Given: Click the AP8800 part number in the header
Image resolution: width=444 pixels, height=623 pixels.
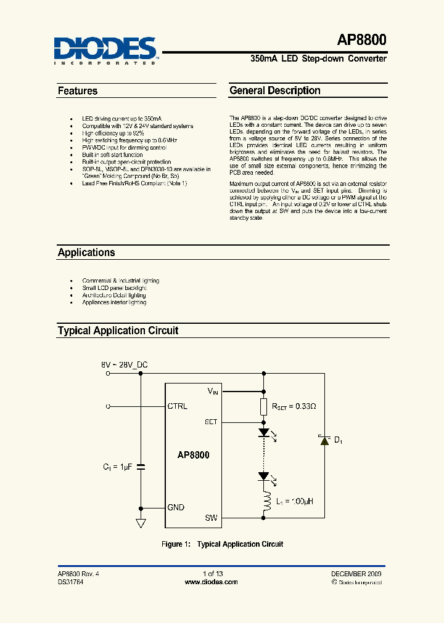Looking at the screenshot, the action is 361,41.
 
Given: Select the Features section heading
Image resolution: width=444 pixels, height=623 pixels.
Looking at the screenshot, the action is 78,91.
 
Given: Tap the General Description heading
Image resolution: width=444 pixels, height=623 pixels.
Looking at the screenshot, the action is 275,90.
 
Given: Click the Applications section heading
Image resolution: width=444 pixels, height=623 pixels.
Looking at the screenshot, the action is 86,252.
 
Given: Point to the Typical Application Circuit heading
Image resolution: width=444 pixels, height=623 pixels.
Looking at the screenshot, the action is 118,331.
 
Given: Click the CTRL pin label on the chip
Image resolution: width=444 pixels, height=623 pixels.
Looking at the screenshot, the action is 178,406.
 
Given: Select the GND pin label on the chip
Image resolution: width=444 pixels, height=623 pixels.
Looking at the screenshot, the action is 176,507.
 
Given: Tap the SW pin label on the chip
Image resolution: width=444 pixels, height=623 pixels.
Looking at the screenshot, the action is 211,518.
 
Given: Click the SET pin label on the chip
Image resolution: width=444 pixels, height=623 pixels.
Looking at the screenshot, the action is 211,422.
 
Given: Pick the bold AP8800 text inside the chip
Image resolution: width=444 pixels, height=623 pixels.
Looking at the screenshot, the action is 194,456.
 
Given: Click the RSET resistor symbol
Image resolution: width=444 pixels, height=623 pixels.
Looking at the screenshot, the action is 264,407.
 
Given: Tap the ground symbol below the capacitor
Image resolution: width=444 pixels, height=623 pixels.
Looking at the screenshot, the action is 140,523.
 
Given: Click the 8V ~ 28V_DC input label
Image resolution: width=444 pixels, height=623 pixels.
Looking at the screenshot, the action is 125,364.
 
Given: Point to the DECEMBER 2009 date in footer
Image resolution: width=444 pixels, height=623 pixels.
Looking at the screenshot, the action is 356,573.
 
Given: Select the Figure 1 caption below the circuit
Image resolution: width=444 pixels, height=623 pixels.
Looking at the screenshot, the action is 222,544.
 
